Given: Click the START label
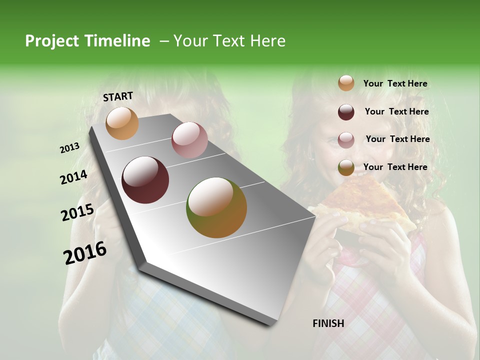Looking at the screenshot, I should click(118, 96).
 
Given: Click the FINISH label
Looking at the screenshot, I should click(328, 323).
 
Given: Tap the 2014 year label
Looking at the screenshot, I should click(73, 177).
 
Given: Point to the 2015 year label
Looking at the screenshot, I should click(77, 212).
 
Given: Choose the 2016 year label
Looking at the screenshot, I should click(85, 252).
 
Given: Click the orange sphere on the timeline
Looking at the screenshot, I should click(122, 123).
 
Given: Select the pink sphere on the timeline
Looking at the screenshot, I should click(189, 140).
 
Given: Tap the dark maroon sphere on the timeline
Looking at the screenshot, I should click(145, 180).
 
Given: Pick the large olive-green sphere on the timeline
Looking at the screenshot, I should click(216, 207).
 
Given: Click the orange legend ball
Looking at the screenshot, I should click(346, 83).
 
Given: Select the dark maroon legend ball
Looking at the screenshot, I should click(346, 112).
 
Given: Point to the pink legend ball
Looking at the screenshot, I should click(346, 139).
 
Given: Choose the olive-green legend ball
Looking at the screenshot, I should click(346, 167).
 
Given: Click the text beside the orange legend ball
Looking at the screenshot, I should click(395, 83).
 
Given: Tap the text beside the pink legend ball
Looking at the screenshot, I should click(397, 139).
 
